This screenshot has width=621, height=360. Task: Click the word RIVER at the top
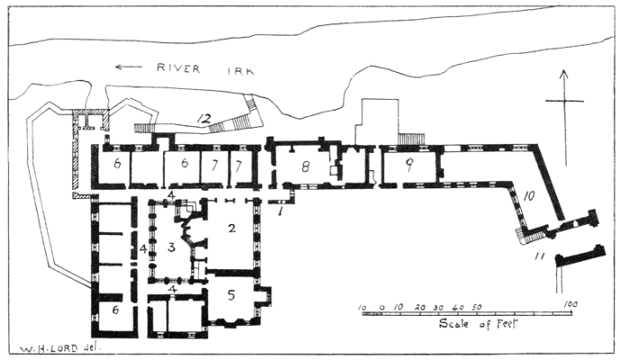(176, 67)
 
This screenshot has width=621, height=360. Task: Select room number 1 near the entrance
(281, 211)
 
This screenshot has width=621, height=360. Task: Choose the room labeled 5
(231, 293)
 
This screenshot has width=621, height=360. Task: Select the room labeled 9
(408, 165)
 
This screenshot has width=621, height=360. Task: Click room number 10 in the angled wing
(529, 195)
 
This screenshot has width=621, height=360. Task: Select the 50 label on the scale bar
(477, 306)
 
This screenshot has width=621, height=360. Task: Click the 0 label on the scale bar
(382, 306)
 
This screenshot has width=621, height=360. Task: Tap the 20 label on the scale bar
(420, 306)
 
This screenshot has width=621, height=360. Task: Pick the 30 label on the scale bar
(439, 306)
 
